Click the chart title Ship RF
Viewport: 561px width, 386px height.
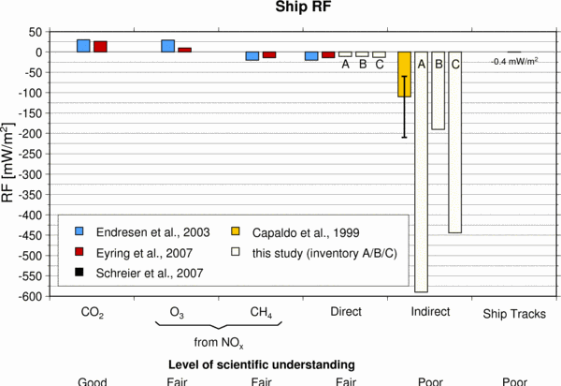pos(280,8)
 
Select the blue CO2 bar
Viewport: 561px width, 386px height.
pos(83,46)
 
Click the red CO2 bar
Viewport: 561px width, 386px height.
pos(100,47)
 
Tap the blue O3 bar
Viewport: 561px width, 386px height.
pos(168,46)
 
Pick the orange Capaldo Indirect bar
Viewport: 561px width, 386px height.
pos(404,75)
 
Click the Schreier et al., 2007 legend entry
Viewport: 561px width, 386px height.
pos(137,273)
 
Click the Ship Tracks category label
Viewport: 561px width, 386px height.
pos(513,312)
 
